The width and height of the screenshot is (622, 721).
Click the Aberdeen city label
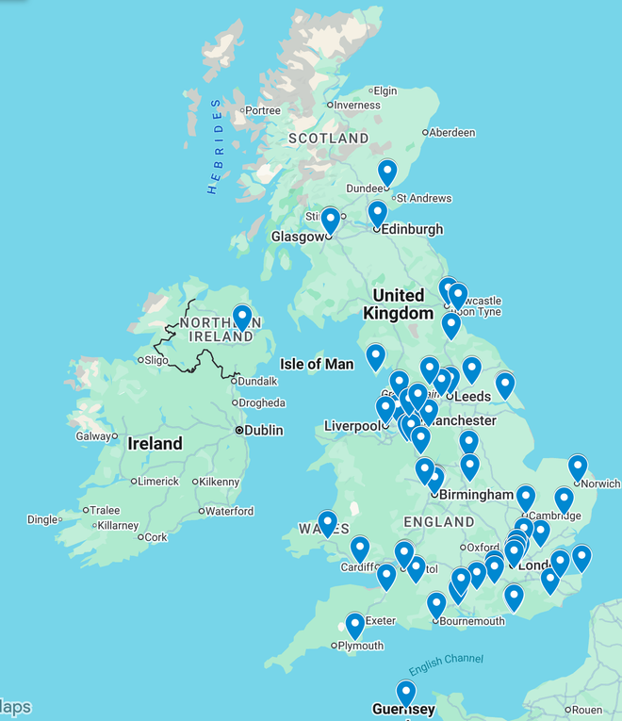click(452, 133)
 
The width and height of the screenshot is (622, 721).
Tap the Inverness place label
click(356, 105)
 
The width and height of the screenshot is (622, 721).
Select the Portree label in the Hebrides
click(262, 110)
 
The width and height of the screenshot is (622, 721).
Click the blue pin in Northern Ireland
click(242, 317)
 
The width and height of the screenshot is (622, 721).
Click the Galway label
click(93, 435)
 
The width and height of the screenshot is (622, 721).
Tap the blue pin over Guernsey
click(406, 692)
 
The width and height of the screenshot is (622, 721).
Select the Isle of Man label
click(317, 364)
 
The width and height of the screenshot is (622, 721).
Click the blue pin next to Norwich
click(578, 467)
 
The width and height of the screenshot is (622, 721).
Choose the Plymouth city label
click(361, 646)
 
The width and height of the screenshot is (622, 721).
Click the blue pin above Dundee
click(387, 172)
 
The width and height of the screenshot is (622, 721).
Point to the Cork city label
click(155, 537)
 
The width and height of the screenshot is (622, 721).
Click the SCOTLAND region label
click(328, 139)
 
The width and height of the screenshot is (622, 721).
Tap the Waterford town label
click(229, 511)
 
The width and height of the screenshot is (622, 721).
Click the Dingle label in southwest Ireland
click(42, 519)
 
